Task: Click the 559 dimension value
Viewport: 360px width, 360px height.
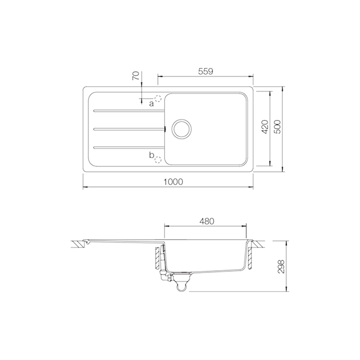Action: click(x=205, y=71)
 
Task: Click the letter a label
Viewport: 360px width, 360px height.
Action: click(x=151, y=103)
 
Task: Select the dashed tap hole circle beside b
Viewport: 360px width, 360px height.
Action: click(x=158, y=160)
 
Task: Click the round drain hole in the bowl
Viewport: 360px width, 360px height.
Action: click(x=181, y=128)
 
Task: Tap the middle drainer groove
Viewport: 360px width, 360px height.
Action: click(x=127, y=128)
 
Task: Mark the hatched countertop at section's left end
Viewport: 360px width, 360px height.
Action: click(x=79, y=244)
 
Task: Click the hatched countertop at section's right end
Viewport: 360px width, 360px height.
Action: click(x=257, y=244)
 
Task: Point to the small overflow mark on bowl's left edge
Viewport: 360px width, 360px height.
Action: click(x=164, y=128)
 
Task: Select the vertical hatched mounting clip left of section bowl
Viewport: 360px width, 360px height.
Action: click(x=156, y=257)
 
